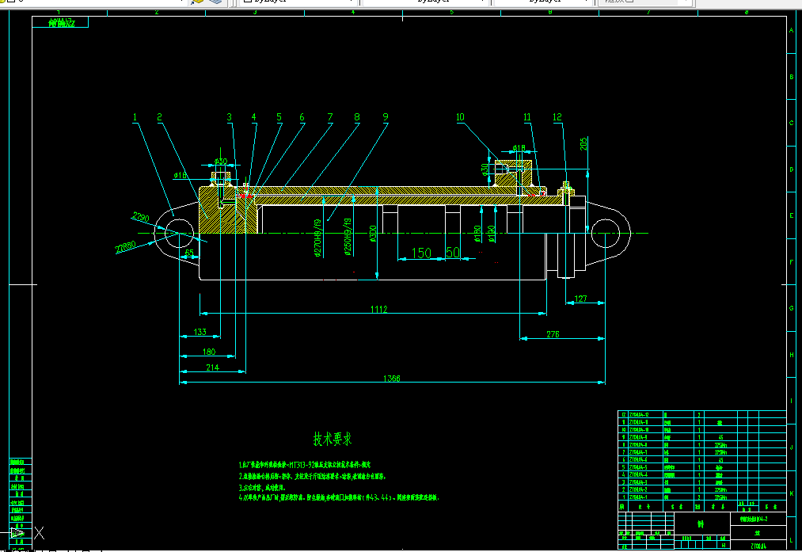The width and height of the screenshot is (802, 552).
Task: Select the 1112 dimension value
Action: coord(378,310)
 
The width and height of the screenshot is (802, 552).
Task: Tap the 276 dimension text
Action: coord(553,334)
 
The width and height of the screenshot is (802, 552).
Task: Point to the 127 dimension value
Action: coord(581,299)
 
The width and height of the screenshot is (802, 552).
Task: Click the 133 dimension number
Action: coord(200,332)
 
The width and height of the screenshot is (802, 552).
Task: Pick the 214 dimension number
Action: coord(212,367)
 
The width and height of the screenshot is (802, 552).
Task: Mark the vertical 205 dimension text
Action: coord(583,143)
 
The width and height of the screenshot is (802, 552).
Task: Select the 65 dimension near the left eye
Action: coord(190,253)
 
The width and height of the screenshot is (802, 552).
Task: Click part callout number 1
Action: coord(135,117)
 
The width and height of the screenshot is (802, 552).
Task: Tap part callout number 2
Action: coord(160,117)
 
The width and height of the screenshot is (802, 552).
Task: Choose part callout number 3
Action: coord(230,117)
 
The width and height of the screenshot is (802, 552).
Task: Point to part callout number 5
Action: coord(279,117)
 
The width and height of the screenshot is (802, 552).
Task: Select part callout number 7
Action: coord(329,117)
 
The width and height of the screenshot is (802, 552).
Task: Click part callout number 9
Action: coord(386,117)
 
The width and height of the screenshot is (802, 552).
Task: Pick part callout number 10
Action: coord(460,117)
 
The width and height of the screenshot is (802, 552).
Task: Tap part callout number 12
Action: coord(557,117)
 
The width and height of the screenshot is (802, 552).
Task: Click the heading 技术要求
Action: coord(333,438)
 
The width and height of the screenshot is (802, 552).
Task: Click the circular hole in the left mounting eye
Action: coord(179,230)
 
